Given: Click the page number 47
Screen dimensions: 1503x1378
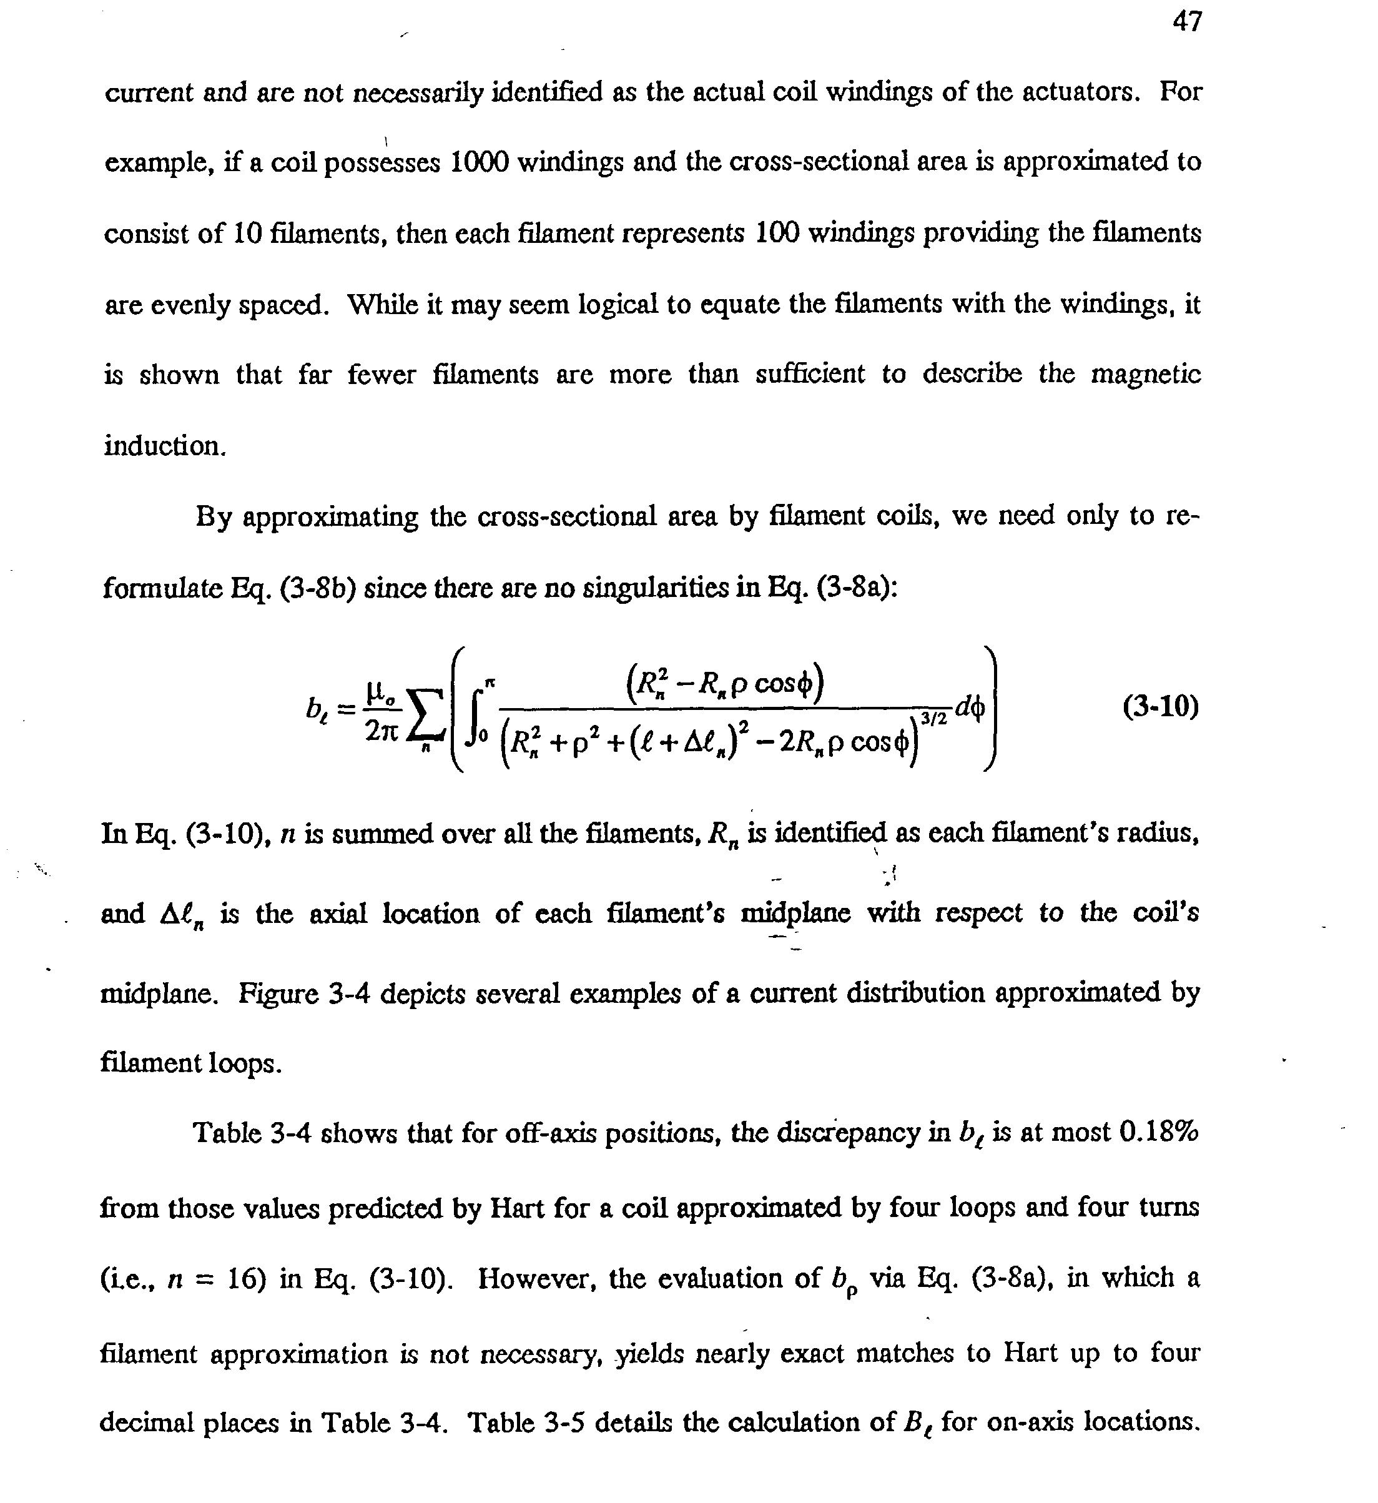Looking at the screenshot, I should [x=1187, y=22].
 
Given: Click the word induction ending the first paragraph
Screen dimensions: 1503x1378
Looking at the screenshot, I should [x=164, y=446].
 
